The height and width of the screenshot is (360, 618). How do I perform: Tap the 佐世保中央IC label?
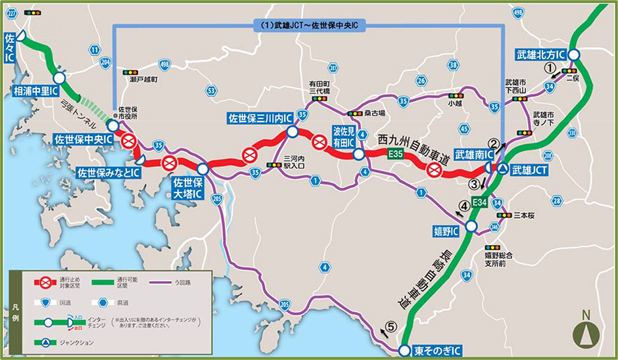click(83, 140)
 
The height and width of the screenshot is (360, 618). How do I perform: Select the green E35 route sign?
click(396, 154)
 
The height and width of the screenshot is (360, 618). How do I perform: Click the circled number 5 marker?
click(391, 325)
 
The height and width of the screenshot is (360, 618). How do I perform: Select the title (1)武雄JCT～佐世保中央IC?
click(309, 24)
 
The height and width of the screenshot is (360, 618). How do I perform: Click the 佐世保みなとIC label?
click(109, 173)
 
